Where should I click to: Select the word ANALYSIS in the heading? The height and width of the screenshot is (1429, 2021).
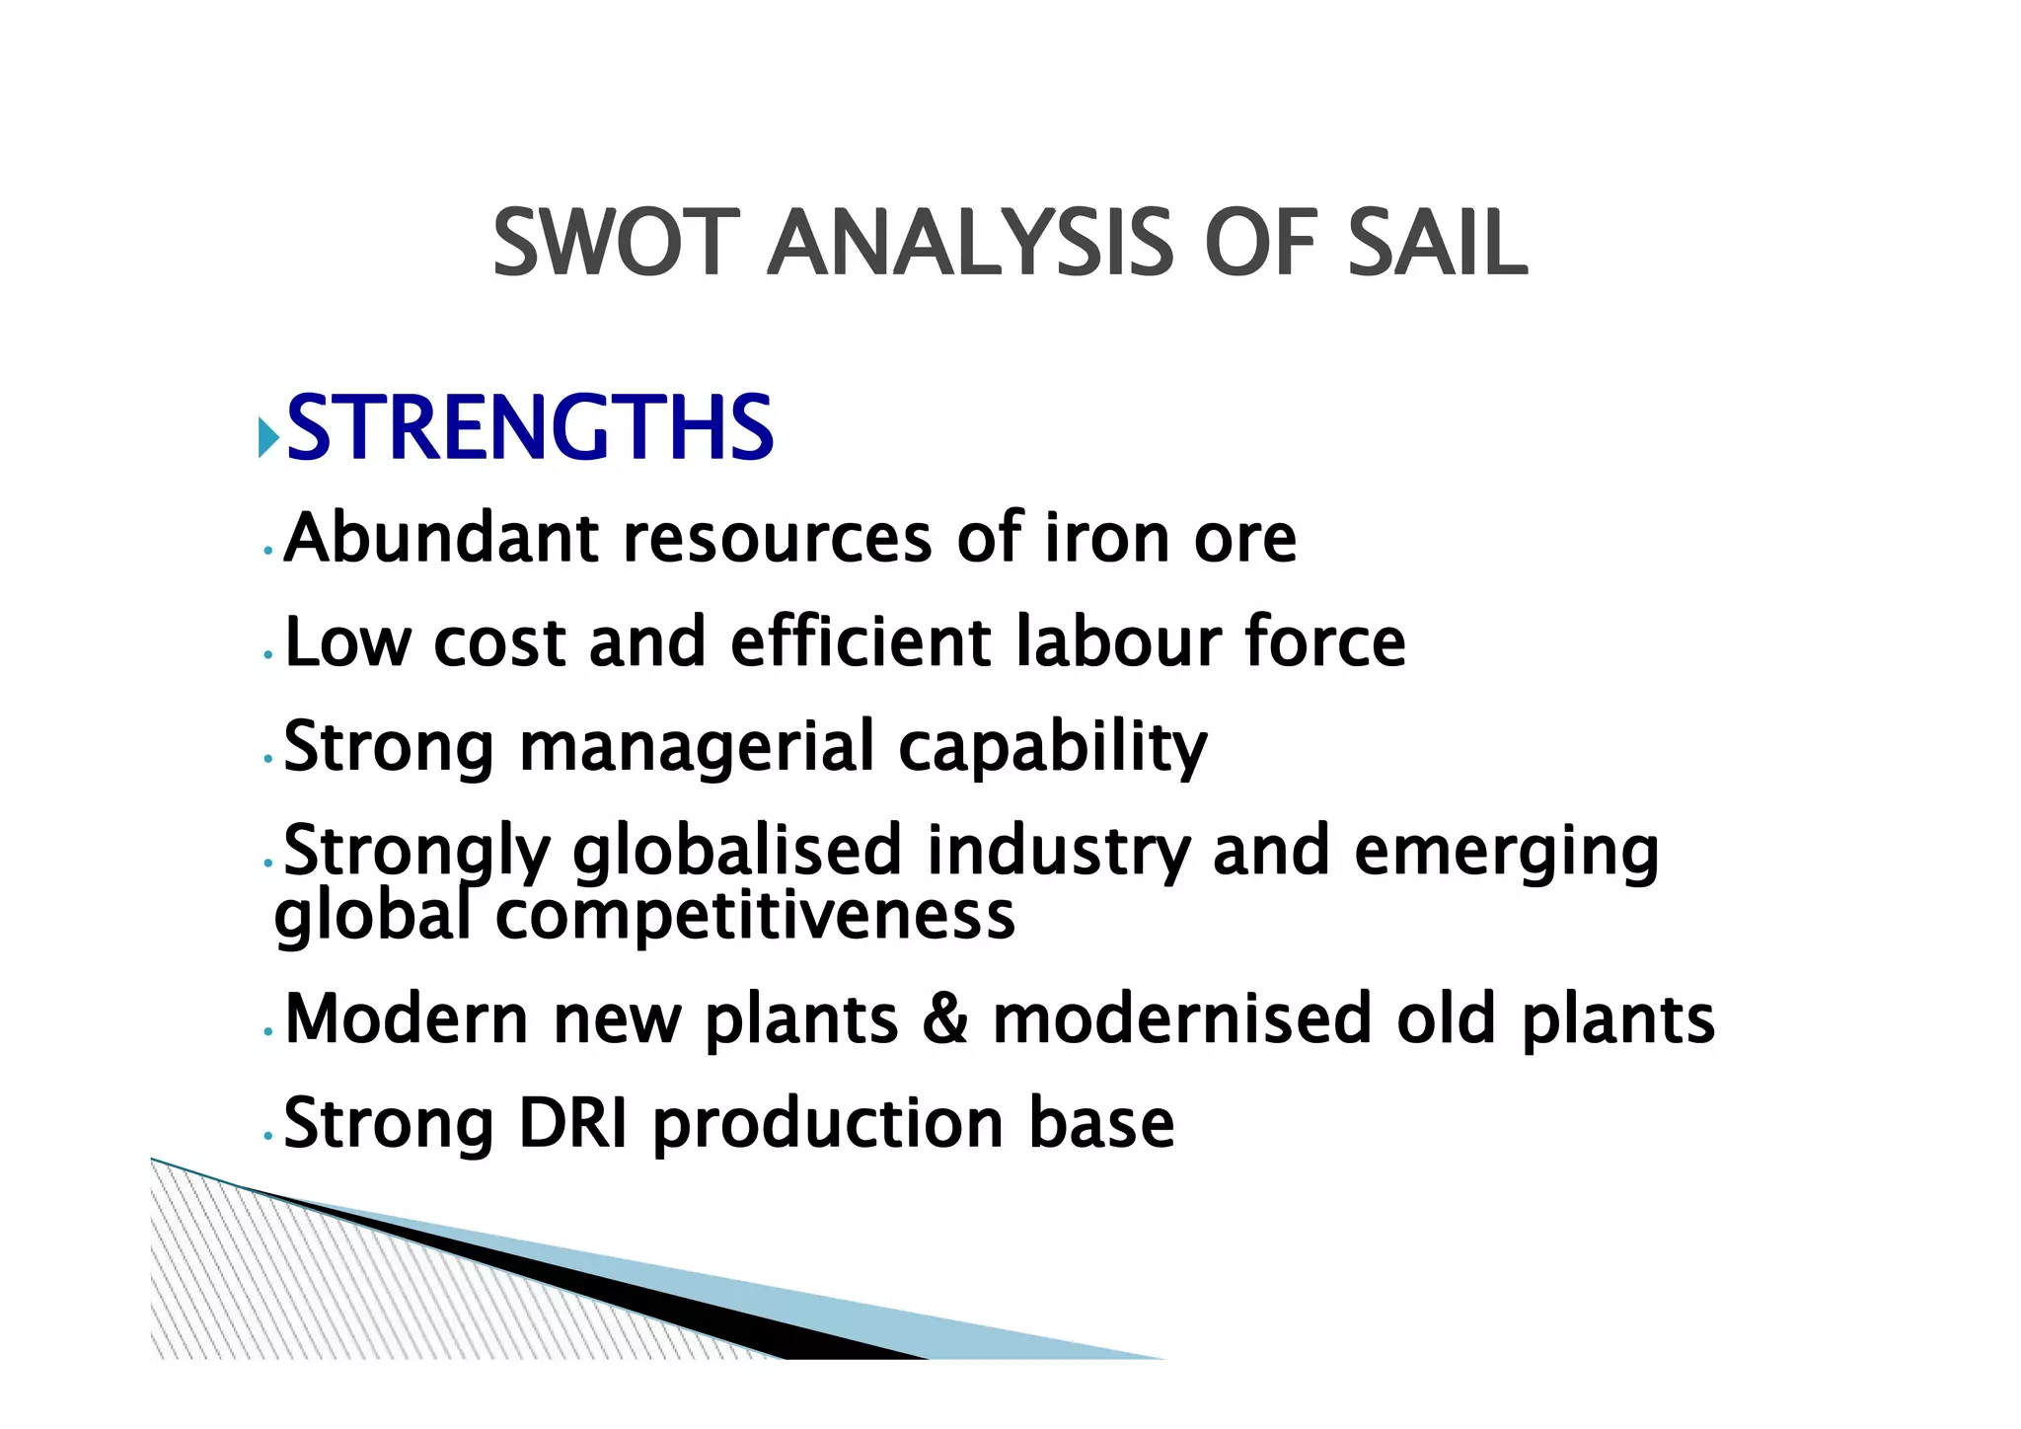[971, 243]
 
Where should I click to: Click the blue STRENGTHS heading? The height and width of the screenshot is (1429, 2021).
[530, 427]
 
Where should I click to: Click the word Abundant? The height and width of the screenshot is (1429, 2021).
[441, 539]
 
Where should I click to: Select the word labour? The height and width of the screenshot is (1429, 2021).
[1117, 641]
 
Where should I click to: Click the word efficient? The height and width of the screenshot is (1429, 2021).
[861, 641]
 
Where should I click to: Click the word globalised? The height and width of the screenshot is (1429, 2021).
[737, 851]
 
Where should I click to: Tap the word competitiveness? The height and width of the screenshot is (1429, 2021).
[755, 916]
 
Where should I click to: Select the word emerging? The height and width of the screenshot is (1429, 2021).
[1506, 851]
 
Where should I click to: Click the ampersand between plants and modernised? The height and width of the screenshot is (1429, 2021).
[945, 1018]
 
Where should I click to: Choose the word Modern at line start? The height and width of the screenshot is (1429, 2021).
[407, 1018]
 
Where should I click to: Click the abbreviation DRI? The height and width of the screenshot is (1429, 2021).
[573, 1123]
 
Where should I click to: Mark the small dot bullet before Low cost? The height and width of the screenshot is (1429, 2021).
[268, 655]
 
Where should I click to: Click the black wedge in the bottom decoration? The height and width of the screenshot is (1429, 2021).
[691, 1303]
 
